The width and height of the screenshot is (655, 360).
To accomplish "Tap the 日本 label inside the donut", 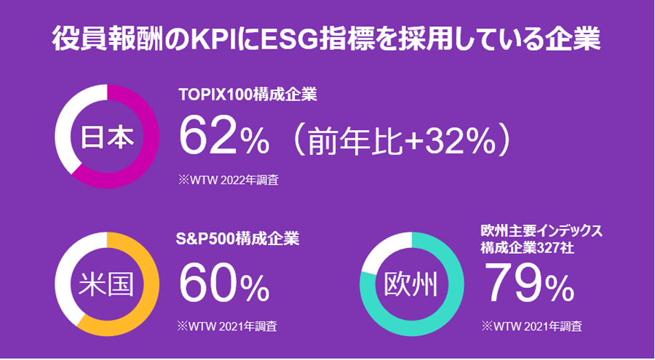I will tap(106, 137).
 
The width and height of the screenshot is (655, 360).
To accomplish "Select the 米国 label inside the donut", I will tap(106, 284).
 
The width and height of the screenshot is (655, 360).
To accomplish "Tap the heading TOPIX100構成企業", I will tap(247, 94).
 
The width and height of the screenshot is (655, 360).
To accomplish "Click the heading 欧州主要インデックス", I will tap(541, 231).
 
